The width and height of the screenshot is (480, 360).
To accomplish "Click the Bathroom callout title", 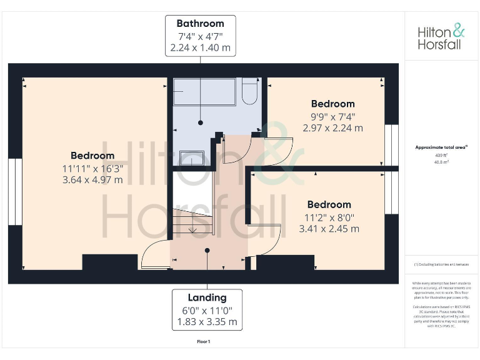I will click(x=200, y=24).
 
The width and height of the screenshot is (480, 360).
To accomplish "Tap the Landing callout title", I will click(x=207, y=297).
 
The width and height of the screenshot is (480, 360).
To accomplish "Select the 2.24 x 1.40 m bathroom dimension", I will click(x=200, y=47).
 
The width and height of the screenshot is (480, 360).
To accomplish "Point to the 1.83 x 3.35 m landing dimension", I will click(x=207, y=322).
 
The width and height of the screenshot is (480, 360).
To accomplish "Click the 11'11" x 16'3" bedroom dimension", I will click(x=92, y=168).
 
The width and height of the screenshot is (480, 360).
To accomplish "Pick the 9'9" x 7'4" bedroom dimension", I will click(x=332, y=116).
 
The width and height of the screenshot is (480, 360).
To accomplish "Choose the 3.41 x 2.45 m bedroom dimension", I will click(x=329, y=229).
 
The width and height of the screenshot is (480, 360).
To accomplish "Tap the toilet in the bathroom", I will click(x=250, y=91).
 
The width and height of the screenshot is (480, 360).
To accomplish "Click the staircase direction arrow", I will click(x=192, y=229).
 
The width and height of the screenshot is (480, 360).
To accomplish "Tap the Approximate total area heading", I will click(x=441, y=147).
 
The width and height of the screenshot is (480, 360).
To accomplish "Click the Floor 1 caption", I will click(x=203, y=342).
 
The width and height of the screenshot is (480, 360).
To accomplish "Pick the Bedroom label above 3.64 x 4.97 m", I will click(x=92, y=156).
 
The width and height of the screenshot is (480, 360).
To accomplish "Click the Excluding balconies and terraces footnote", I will click(x=441, y=265).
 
